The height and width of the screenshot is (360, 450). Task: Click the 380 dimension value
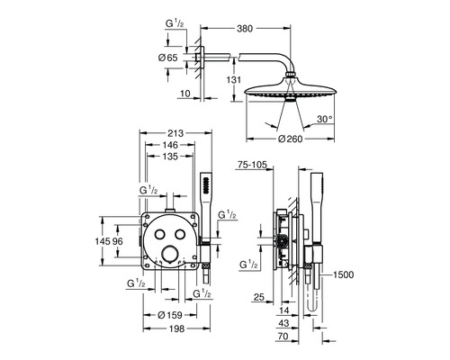point(245,29)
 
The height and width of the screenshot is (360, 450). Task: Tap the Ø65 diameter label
point(168,58)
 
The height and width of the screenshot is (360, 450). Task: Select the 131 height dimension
point(234,80)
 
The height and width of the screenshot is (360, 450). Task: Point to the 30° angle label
point(325,119)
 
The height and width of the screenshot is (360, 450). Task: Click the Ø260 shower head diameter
point(290,139)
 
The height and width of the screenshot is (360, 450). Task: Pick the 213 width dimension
point(175,133)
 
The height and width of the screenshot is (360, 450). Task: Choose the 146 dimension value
point(170,145)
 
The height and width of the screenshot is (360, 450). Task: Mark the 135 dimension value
point(170,157)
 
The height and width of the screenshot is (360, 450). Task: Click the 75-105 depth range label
point(252,165)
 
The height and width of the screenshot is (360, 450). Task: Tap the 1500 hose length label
point(344,274)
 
